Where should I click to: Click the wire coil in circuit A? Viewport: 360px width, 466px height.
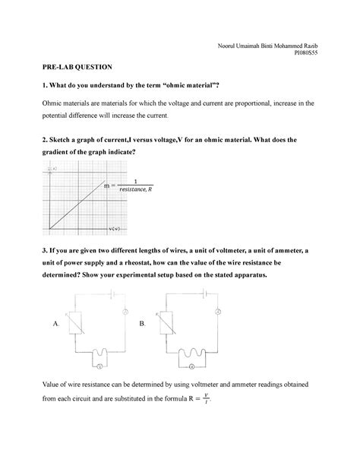[x=97, y=352]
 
